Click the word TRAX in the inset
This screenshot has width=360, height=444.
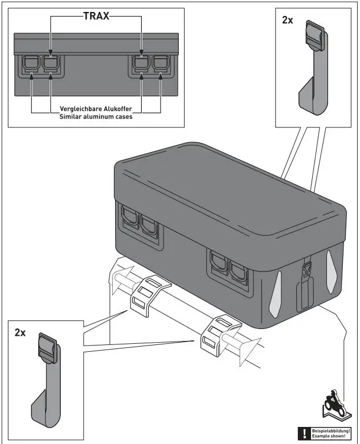(x=96, y=16)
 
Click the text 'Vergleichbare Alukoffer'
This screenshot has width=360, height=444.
(x=96, y=109)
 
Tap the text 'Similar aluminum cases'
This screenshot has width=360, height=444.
(x=96, y=116)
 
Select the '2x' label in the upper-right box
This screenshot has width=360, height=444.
(x=288, y=20)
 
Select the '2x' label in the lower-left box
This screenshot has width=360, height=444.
(x=20, y=333)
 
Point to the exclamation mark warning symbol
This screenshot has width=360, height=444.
(x=305, y=434)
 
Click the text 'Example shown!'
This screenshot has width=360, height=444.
(x=329, y=437)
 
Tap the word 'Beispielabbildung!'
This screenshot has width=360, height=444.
(x=331, y=431)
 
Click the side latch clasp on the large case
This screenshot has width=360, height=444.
(x=306, y=269)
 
